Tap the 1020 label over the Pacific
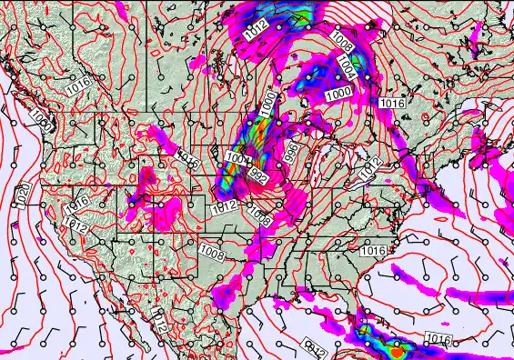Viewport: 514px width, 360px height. tap(23, 193)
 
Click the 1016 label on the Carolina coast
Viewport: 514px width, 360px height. tap(372, 250)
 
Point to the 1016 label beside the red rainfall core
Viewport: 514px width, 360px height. tap(438, 339)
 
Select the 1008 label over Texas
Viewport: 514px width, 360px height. tap(212, 245)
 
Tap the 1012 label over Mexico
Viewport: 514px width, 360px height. tap(158, 320)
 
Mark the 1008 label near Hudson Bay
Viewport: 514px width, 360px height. tap(343, 41)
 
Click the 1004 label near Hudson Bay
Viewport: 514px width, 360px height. tap(348, 65)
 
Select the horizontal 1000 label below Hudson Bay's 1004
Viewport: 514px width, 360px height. tap(338, 93)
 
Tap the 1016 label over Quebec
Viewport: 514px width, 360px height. tap(393, 105)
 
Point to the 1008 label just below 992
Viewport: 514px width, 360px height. tap(259, 216)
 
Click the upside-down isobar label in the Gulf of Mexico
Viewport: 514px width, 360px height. tap(315, 344)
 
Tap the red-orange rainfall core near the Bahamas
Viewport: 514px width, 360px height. tap(398, 347)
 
